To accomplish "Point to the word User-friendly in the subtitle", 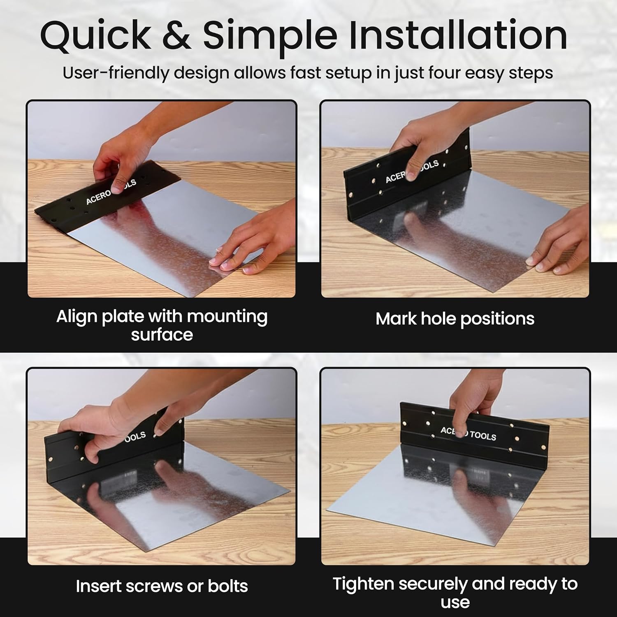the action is (116, 73).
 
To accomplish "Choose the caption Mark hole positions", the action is (455, 319).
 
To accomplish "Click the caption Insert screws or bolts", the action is (162, 586).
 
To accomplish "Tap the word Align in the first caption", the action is (77, 316).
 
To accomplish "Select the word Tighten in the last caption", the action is (363, 584).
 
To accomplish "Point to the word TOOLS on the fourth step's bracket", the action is (483, 436).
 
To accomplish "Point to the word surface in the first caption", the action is (162, 335).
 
